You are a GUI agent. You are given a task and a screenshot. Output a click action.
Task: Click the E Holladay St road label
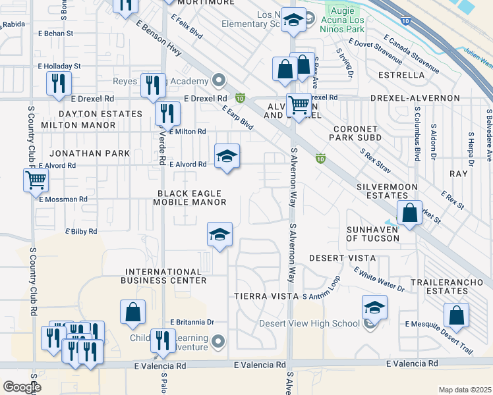coord(59,66)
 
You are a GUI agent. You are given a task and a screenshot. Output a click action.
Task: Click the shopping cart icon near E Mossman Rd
coord(36,179)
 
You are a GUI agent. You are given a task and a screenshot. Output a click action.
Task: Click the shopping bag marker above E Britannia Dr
coord(132,313)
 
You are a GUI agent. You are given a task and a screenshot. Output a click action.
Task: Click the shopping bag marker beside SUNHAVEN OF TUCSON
coord(409,213)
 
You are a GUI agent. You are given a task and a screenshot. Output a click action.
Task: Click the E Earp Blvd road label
coord(237,117)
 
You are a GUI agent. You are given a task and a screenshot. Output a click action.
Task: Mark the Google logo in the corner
coord(21,387)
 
